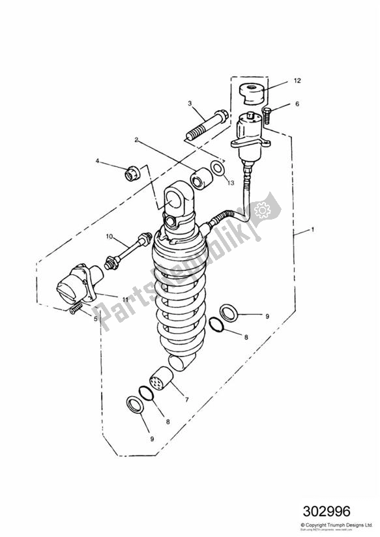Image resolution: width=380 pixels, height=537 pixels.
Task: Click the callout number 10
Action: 110,235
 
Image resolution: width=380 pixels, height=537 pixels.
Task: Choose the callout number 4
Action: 98,161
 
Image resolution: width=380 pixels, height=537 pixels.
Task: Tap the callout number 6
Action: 297,104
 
